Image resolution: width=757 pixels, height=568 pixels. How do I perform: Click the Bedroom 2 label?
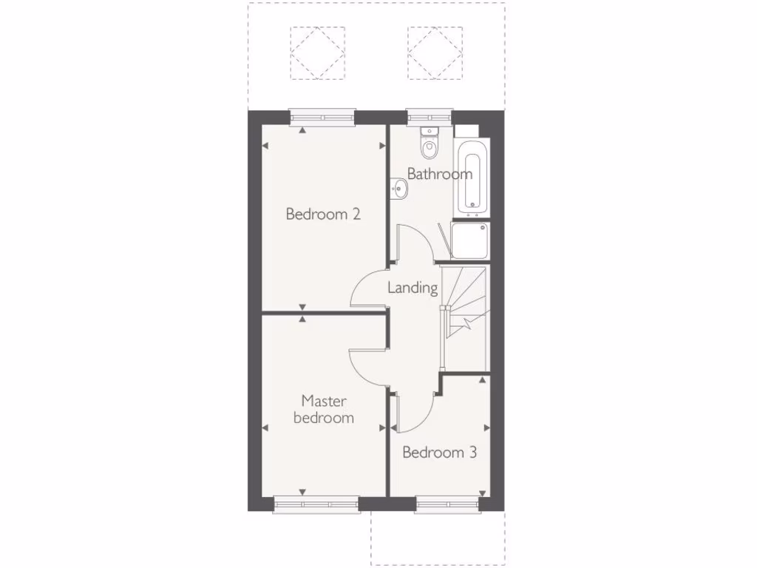[x=323, y=214]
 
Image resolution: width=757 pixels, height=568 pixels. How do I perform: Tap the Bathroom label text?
[x=439, y=175]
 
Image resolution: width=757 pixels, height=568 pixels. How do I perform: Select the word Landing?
[x=413, y=288]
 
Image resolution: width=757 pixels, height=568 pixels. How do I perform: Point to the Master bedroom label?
[x=323, y=409]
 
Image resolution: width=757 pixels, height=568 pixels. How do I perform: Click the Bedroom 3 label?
[x=439, y=452]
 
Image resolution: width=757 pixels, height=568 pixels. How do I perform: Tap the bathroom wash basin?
[x=398, y=190]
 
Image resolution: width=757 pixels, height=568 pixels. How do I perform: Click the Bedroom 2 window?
[x=322, y=115]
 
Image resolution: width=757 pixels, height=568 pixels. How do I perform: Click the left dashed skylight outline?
[x=318, y=53]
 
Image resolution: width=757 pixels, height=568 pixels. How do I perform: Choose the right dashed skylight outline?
[x=435, y=53]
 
